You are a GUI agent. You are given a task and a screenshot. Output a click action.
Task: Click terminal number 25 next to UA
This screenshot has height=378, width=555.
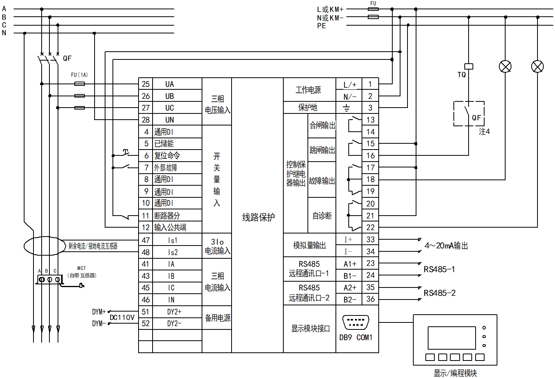tap(146, 84)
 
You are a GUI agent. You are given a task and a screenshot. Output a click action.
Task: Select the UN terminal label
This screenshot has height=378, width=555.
tap(170, 120)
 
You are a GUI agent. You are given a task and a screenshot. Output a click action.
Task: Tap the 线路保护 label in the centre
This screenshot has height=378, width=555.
tap(258, 217)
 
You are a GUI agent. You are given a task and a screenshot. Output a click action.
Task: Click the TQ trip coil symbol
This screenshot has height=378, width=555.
tap(469, 66)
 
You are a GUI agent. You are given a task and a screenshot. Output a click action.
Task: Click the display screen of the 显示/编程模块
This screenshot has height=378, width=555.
tap(451, 338)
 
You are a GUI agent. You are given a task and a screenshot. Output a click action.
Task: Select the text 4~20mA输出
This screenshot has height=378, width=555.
tap(446, 246)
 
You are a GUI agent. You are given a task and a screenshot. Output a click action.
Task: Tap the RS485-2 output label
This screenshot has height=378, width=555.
tap(439, 293)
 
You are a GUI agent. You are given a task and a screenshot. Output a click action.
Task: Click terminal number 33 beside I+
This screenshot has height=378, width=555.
tap(370, 239)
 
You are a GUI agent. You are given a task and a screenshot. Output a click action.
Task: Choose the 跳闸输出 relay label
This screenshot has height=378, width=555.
tap(322, 150)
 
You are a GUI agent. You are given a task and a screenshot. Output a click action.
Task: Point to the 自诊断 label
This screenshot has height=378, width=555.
tap(322, 216)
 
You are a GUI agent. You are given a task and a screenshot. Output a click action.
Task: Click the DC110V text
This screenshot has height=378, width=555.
tap(122, 317)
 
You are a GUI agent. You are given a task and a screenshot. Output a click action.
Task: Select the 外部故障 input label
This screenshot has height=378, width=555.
tap(166, 168)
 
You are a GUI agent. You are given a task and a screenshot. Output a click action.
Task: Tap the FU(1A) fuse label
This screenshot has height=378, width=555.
tap(79, 75)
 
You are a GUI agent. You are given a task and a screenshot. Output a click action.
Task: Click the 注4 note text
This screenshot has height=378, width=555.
tap(484, 132)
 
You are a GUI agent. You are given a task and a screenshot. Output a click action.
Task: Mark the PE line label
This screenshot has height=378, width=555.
tap(321, 26)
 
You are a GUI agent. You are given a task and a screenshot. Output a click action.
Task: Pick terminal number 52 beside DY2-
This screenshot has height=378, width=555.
tap(146, 323)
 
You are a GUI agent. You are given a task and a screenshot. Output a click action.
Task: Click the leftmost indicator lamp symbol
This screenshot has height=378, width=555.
tap(505, 67)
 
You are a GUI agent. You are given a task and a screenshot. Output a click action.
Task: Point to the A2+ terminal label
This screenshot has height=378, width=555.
tap(350, 287)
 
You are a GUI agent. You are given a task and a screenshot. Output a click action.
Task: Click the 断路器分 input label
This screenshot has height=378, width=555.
tap(167, 216)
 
